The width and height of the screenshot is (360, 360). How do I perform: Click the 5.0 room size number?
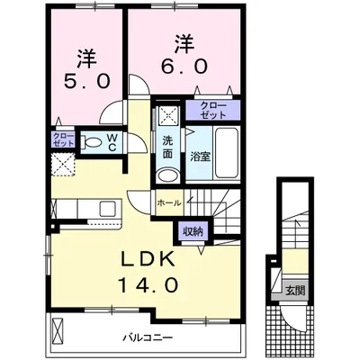tap(86, 81)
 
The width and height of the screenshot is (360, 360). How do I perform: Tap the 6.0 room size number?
tap(184, 66)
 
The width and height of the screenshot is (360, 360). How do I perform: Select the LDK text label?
tap(148, 258)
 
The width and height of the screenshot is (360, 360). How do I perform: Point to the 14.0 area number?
tap(148, 284)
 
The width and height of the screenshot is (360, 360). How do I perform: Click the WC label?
tap(112, 142)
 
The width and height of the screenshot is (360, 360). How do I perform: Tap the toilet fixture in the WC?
tap(91, 142)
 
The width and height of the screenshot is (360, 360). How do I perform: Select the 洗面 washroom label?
tap(167, 147)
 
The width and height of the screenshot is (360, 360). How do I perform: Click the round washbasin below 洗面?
tap(168, 175)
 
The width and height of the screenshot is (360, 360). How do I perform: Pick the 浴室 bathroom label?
tap(201, 157)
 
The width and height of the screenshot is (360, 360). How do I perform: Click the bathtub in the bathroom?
tap(228, 153)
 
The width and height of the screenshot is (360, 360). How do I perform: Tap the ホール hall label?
tap(169, 203)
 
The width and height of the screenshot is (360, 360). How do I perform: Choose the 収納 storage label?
tap(193, 231)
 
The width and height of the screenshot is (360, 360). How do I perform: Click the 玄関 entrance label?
tap(295, 291)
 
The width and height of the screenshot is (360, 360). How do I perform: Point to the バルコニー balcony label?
tap(148, 337)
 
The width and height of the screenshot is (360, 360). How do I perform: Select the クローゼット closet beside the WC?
tap(63, 139)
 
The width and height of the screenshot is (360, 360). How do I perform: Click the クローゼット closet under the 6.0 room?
tap(213, 110)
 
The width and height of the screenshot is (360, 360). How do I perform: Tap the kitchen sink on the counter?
tap(107, 209)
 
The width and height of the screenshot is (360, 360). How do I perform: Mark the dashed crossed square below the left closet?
tap(63, 164)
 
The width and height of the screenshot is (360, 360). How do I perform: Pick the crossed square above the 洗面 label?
tap(168, 115)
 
